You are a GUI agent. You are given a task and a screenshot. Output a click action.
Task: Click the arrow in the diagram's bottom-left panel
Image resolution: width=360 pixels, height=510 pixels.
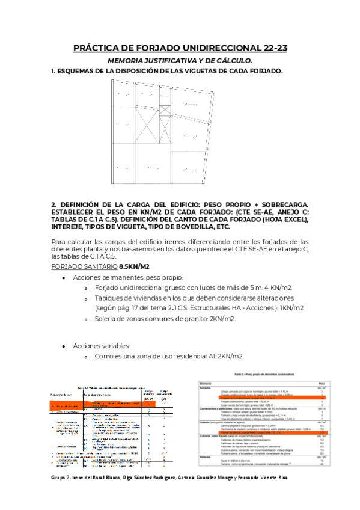pos(124,167)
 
